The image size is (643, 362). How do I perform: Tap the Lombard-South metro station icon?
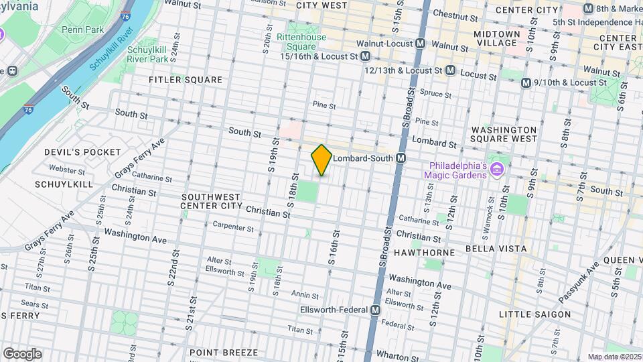[x=401, y=158]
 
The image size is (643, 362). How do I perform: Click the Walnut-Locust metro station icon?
[x=420, y=44]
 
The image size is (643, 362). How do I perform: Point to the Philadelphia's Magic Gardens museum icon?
[x=496, y=168]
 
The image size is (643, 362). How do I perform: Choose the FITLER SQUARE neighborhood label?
[x=186, y=80]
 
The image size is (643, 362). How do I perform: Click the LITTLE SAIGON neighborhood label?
[x=534, y=314]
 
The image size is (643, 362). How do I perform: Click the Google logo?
[x=22, y=354]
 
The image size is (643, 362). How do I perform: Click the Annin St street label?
[x=305, y=294]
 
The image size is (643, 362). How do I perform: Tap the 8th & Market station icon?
[x=588, y=9]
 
